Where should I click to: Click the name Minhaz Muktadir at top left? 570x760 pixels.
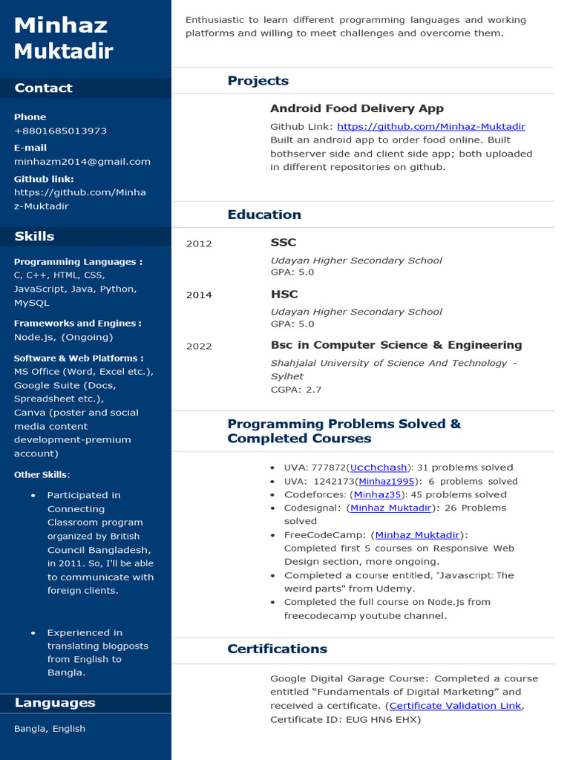63,38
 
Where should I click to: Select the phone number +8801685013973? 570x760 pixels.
60,131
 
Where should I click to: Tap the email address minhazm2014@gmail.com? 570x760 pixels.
82,161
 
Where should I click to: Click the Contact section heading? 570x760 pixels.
43,88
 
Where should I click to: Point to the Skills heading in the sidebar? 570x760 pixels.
34,237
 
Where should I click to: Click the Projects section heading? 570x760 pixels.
258,81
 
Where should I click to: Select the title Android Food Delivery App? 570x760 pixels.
356,108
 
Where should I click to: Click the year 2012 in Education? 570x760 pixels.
199,243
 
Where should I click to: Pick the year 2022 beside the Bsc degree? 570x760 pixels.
199,346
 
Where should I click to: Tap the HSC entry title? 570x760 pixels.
284,294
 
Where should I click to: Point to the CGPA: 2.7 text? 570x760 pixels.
295,390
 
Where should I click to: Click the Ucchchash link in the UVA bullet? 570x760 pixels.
379,468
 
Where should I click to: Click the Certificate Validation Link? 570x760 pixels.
455,706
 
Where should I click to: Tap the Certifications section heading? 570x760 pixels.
277,649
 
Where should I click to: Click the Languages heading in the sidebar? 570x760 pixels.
55,703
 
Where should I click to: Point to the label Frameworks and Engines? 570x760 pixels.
77,324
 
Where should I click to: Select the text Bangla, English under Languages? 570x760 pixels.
50,729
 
